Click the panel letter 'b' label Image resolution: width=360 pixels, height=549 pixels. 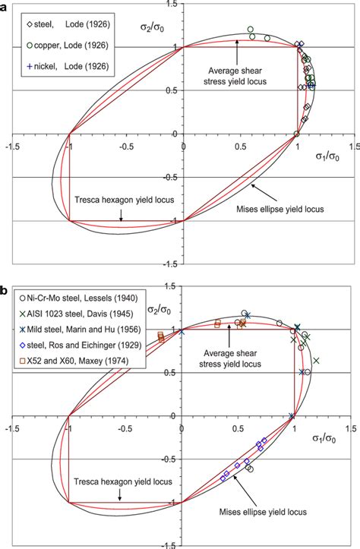click(5, 291)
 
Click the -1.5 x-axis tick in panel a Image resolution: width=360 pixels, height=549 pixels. click(11, 144)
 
